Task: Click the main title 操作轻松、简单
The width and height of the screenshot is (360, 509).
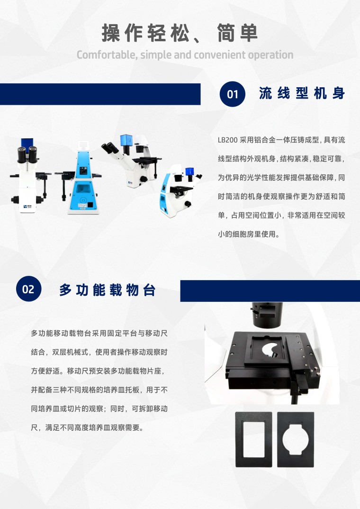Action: tap(180, 33)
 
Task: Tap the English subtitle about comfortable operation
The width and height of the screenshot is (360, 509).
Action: tap(185, 55)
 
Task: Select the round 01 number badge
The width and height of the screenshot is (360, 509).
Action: tap(232, 94)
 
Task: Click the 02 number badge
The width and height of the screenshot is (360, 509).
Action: tap(28, 289)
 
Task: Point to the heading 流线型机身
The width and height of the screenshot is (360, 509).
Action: tap(302, 93)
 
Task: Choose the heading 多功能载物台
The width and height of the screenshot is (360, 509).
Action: tap(108, 290)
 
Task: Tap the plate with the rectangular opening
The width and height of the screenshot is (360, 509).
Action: tap(253, 439)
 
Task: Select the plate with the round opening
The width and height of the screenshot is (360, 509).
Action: tap(296, 439)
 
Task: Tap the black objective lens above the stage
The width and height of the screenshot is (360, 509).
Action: tap(267, 315)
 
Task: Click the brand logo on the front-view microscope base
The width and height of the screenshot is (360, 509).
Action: tap(27, 206)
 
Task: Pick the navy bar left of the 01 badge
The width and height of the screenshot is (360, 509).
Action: tap(100, 94)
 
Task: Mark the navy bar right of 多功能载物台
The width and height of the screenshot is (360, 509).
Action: tap(270, 291)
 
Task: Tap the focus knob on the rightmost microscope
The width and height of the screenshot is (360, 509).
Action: tap(188, 204)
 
